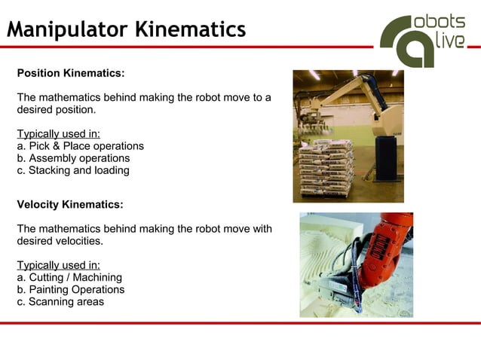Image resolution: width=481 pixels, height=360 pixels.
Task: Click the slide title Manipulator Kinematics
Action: [x=127, y=29]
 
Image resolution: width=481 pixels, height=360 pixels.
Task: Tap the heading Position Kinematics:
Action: [x=70, y=74]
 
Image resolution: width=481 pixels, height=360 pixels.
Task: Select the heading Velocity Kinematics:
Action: [x=69, y=205]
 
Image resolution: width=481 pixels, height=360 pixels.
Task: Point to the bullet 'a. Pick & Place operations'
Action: [x=80, y=146]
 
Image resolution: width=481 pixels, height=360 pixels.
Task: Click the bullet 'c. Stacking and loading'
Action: [x=73, y=170]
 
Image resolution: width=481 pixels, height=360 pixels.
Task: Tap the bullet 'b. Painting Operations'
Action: [x=71, y=289]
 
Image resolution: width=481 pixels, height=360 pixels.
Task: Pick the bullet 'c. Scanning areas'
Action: [x=60, y=301]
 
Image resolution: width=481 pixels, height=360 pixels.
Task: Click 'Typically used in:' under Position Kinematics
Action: [x=58, y=134]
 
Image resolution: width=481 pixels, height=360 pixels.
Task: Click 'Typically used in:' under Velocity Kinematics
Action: [x=58, y=265]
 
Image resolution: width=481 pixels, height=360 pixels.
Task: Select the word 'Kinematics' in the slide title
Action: [x=190, y=29]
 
